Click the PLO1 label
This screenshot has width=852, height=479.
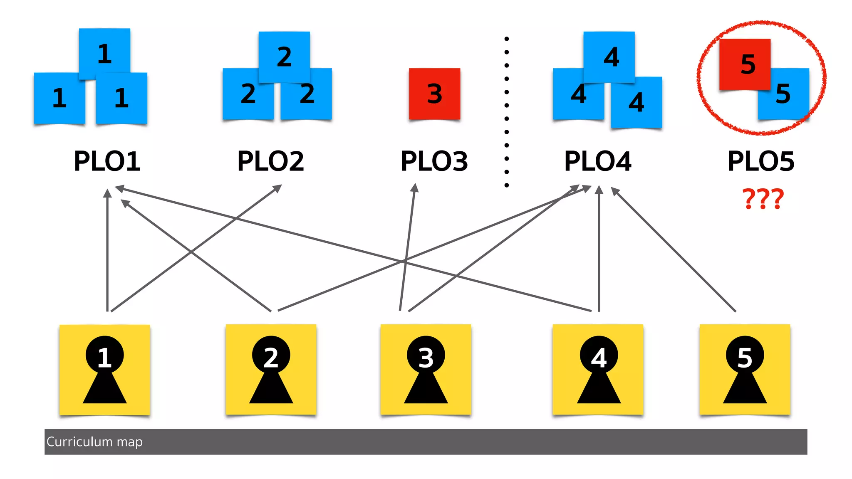click(x=107, y=161)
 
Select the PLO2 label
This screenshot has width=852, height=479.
click(x=270, y=161)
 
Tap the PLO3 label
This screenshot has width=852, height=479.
click(x=434, y=161)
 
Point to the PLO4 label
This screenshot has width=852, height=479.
click(x=598, y=161)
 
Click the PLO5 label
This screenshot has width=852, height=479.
click(x=761, y=161)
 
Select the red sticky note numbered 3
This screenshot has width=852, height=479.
click(x=434, y=94)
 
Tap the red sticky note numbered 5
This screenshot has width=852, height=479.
click(x=745, y=64)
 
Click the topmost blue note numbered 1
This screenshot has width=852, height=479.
click(x=104, y=53)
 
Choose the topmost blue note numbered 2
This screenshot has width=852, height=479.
click(x=284, y=57)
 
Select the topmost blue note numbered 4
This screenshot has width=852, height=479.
click(x=609, y=57)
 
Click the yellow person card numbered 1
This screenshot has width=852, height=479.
click(x=104, y=369)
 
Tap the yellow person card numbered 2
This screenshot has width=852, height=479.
click(x=271, y=369)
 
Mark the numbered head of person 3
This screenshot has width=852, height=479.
click(x=426, y=356)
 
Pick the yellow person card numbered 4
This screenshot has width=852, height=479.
click(x=598, y=369)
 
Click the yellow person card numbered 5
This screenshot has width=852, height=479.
click(x=745, y=369)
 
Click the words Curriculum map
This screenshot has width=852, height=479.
click(x=94, y=442)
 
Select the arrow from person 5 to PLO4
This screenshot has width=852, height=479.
click(x=674, y=249)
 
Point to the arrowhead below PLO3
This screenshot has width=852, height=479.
click(x=414, y=188)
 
